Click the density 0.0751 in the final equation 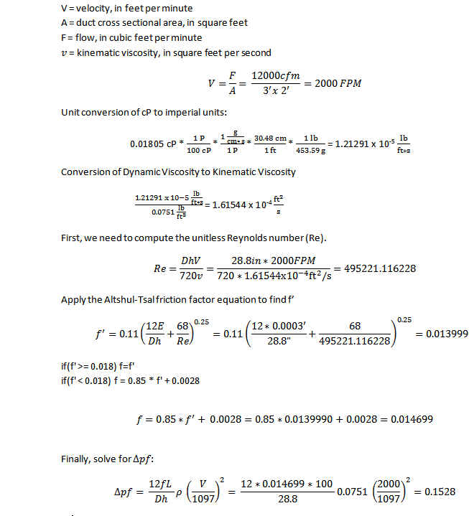click(345, 491)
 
